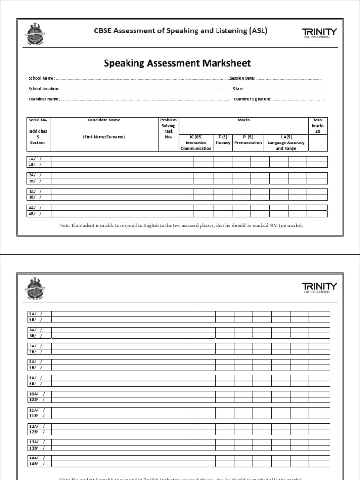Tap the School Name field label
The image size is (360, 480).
coord(41,78)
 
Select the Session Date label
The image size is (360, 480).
coord(242,78)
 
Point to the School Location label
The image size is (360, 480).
coord(44,89)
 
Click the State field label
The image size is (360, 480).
coord(238,89)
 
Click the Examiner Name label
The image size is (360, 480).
coord(44,99)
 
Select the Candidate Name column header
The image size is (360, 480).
coord(104,120)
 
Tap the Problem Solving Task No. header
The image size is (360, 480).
coord(169,128)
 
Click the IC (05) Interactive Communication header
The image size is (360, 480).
coord(195,142)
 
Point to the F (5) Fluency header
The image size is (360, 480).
coord(223,140)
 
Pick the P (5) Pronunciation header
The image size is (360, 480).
coord(248,140)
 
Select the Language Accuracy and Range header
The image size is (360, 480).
coord(286,142)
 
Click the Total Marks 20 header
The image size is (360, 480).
coord(318,126)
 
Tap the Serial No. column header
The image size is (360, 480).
coord(38,120)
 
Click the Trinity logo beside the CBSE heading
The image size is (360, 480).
coord(319,33)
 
